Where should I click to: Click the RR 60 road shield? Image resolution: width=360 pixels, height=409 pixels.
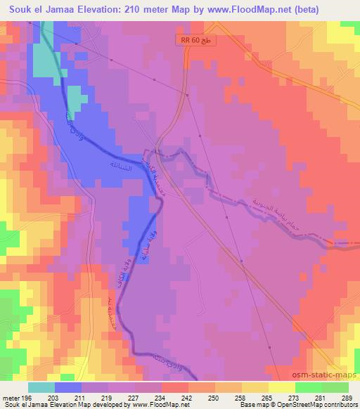point(196,41)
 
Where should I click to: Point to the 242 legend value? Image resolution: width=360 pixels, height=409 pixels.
point(186,398)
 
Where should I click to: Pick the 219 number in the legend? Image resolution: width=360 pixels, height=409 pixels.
point(108,398)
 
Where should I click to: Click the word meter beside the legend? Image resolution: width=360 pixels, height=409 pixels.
point(10,398)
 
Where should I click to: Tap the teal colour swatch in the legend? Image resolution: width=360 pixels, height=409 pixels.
point(41,387)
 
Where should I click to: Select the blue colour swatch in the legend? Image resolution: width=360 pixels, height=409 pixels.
point(68,387)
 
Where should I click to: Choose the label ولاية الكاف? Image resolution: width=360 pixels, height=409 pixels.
point(131,264)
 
